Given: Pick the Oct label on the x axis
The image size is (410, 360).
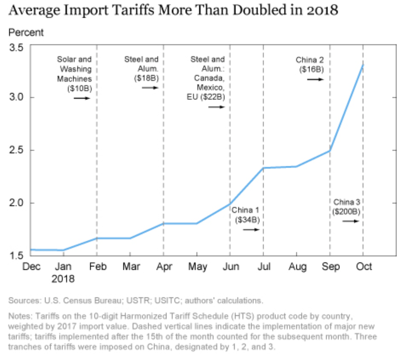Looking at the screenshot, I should (x=363, y=266).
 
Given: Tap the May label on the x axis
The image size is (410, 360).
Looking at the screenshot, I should (x=197, y=266).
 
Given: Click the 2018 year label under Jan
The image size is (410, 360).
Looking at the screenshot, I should (x=64, y=279).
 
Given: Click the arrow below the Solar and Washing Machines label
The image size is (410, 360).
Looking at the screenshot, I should (x=82, y=98).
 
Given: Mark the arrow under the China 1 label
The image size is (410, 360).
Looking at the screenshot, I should (x=251, y=229).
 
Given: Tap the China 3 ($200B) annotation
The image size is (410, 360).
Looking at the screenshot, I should (x=346, y=207).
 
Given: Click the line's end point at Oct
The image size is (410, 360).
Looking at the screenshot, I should (x=363, y=65).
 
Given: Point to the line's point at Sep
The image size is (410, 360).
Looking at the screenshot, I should (x=330, y=151).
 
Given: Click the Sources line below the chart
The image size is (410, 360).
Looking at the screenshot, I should (x=136, y=300).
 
